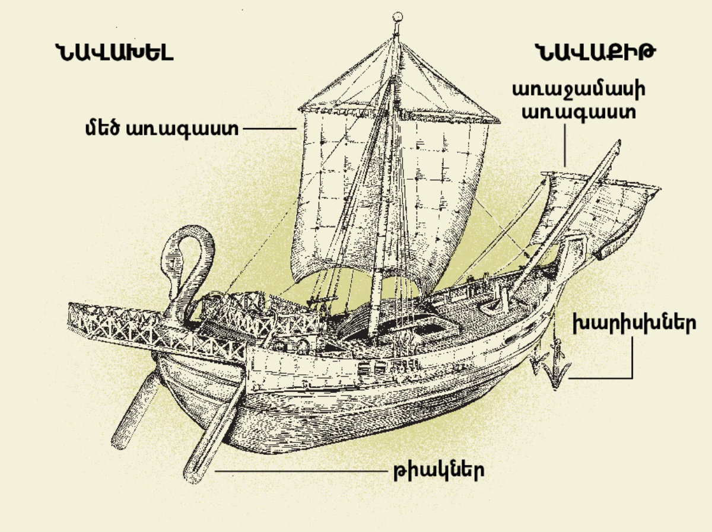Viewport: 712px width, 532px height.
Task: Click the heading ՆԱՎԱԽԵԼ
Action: coord(113,53)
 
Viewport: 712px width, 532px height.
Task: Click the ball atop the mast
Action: coord(398,17)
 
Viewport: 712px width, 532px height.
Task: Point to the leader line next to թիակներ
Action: coord(297,472)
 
